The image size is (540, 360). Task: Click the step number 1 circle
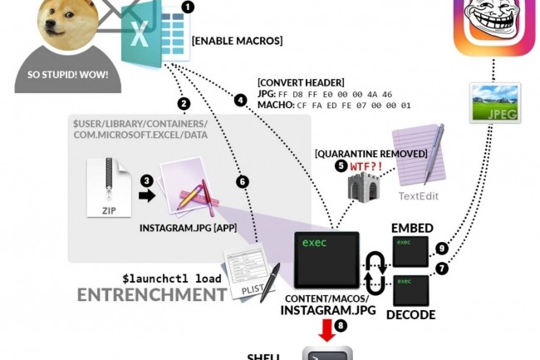188,7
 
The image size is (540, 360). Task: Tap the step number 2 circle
184,104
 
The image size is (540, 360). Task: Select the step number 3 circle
146,180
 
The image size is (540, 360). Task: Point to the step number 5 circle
341,165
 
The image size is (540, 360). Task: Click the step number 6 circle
243,181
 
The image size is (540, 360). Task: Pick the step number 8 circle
340,327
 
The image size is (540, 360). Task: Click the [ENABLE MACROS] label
237,40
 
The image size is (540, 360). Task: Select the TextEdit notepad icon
419,158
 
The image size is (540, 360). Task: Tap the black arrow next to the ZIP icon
147,196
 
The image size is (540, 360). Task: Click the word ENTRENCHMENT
152,294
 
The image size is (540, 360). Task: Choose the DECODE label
410,314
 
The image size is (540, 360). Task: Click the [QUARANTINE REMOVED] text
371,153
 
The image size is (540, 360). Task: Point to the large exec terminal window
326,259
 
